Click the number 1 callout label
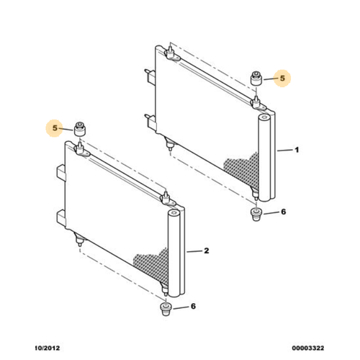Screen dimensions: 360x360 pyautogui.click(x=297, y=150)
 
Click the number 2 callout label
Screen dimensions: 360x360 pyautogui.click(x=207, y=251)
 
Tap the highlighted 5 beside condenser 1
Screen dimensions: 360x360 pyautogui.click(x=282, y=78)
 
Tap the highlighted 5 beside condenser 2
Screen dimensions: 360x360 pyautogui.click(x=55, y=128)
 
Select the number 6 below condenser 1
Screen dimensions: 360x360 pyautogui.click(x=284, y=212)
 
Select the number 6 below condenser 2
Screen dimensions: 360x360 pyautogui.click(x=193, y=306)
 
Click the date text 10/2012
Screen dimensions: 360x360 pyautogui.click(x=48, y=348)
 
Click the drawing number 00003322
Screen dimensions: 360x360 pyautogui.click(x=308, y=348)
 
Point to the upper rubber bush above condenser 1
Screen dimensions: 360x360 pyautogui.click(x=256, y=78)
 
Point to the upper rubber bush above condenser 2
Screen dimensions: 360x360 pyautogui.click(x=80, y=129)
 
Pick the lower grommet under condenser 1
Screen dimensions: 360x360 pyautogui.click(x=256, y=215)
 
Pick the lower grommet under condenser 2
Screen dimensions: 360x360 pyautogui.click(x=166, y=309)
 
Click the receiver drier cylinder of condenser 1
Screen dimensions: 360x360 pyautogui.click(x=264, y=158)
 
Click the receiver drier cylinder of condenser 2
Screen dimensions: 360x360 pyautogui.click(x=174, y=253)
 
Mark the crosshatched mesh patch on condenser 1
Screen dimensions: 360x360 pyautogui.click(x=243, y=170)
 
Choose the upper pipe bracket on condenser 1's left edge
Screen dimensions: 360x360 pyautogui.click(x=150, y=77)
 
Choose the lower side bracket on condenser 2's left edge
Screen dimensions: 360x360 pyautogui.click(x=61, y=218)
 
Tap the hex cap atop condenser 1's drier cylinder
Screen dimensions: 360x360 pyautogui.click(x=264, y=117)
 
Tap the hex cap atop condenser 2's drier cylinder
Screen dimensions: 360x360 pyautogui.click(x=174, y=212)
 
